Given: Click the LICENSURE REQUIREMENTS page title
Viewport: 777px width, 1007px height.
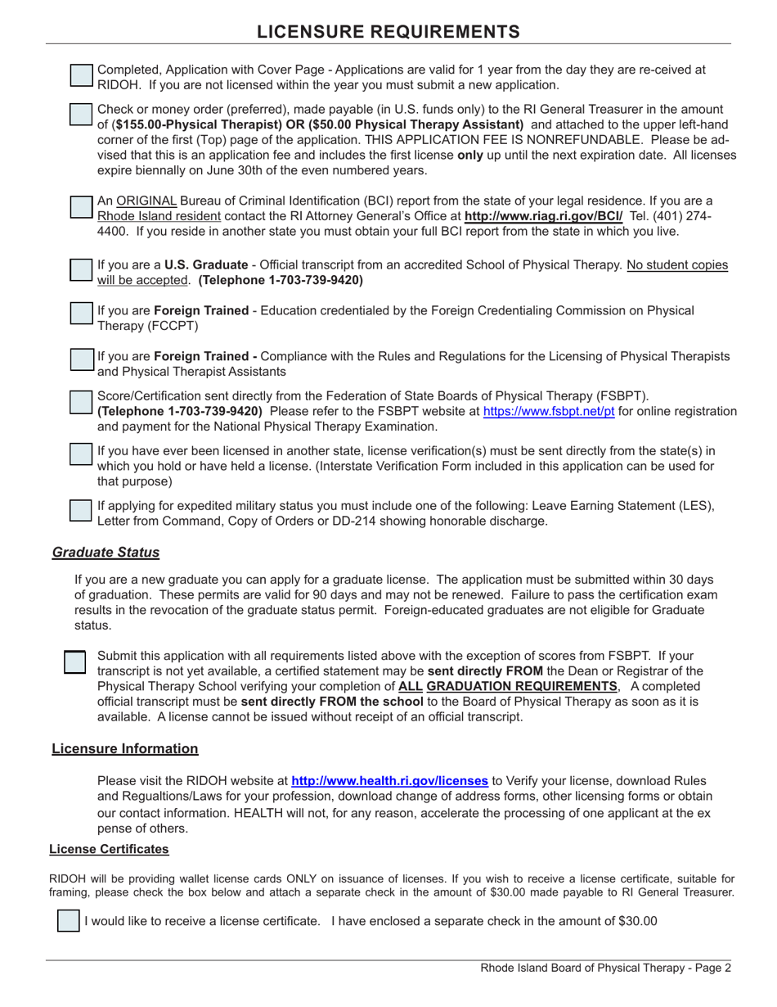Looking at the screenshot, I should click(x=388, y=31).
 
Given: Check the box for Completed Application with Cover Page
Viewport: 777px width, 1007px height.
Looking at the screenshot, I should click(x=81, y=75).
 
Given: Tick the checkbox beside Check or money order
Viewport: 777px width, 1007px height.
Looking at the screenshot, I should click(x=81, y=115).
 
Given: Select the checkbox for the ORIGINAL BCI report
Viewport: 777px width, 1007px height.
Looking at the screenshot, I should click(x=81, y=208).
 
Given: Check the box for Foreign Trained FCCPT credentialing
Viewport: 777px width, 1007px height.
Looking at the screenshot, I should click(x=81, y=314).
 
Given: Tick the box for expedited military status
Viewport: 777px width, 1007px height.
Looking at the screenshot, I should click(x=81, y=510).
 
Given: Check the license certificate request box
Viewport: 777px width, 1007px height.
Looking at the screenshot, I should click(x=68, y=920).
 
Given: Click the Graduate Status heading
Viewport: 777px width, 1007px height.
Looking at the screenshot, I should click(x=106, y=552).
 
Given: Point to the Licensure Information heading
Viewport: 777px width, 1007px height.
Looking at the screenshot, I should click(x=124, y=748).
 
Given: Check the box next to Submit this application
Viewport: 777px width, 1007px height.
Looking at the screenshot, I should click(x=75, y=662).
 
